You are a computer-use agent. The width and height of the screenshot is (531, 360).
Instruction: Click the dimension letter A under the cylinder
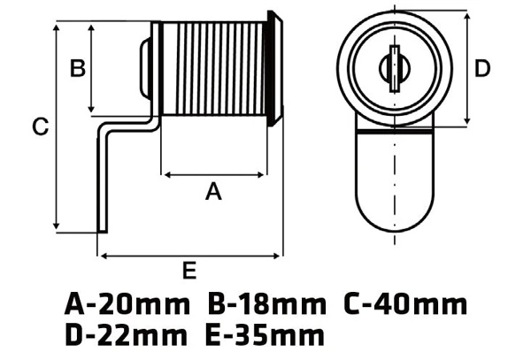(x=213, y=191)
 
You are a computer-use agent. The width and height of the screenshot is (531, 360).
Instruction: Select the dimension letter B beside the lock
(x=78, y=68)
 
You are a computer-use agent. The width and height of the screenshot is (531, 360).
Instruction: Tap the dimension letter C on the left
(x=41, y=126)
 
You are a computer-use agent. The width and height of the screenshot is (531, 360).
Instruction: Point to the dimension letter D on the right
(x=482, y=68)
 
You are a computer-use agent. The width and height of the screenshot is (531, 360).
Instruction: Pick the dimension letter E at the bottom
(x=189, y=270)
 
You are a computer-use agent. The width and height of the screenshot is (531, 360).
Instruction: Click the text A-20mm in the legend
(x=127, y=304)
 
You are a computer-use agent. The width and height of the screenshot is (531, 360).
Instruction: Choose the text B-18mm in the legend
(x=266, y=304)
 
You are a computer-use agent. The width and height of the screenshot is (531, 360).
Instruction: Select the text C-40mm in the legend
(x=405, y=304)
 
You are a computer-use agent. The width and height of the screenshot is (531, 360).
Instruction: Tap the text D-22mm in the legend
(x=126, y=334)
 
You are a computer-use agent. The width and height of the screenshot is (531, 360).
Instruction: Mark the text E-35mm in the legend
(x=265, y=334)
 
